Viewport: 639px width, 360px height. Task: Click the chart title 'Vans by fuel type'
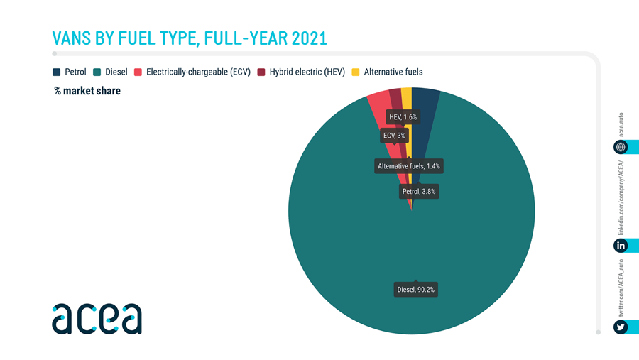pos(190,38)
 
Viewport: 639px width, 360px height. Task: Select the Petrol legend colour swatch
pos(57,72)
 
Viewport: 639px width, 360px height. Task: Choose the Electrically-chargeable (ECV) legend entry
pos(192,72)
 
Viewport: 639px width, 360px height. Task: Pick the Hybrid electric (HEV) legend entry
pos(301,72)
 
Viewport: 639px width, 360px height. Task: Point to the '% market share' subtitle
pos(87,91)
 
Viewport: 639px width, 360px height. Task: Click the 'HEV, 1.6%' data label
pos(403,116)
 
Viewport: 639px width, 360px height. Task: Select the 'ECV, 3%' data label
pos(394,135)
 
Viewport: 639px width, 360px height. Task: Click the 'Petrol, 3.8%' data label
pos(419,191)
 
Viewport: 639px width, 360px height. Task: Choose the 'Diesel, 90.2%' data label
pos(416,289)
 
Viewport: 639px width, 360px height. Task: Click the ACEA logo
pos(97,318)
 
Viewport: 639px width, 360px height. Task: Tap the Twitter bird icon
pos(621,327)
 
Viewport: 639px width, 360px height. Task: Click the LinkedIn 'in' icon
pos(621,246)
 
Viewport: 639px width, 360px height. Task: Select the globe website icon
pos(621,147)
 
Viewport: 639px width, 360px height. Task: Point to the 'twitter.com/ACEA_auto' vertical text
pos(621,288)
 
